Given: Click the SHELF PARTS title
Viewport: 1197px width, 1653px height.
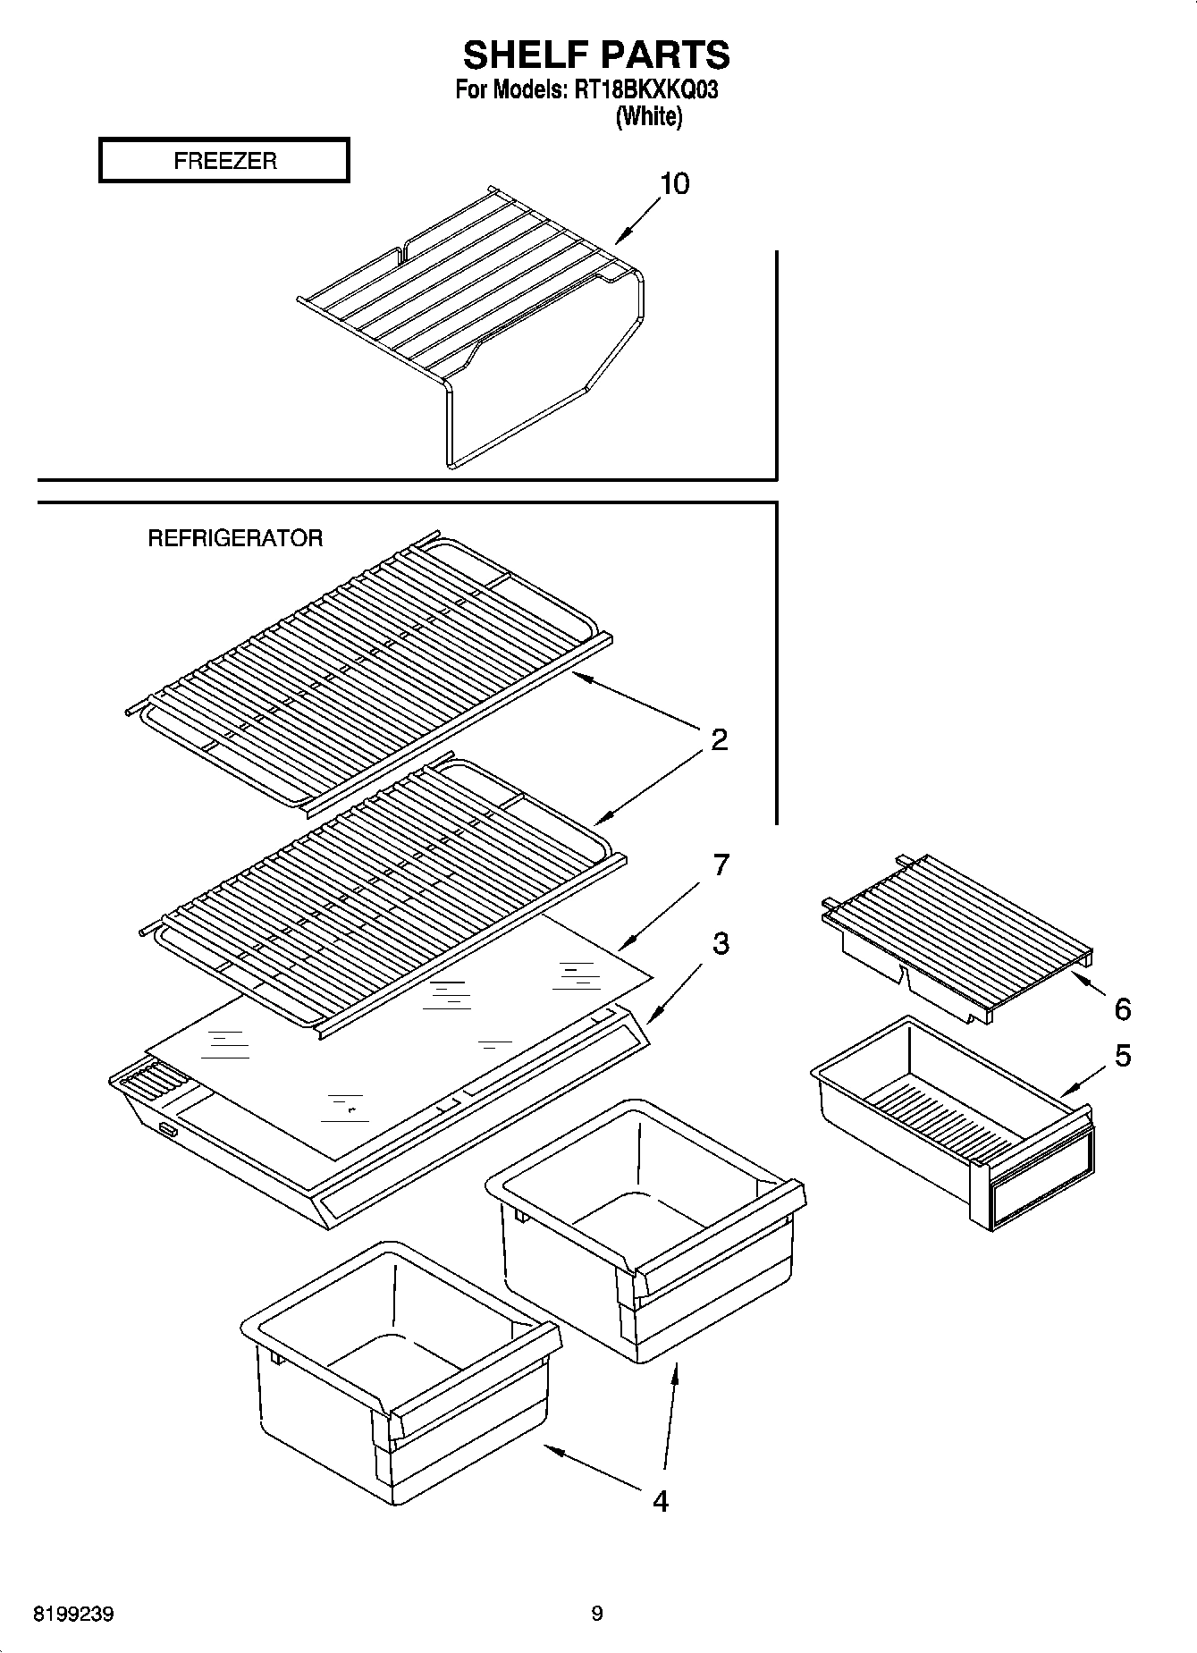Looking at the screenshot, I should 596,55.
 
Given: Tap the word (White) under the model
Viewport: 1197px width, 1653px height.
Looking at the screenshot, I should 648,116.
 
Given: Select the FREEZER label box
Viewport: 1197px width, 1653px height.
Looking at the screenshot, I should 223,161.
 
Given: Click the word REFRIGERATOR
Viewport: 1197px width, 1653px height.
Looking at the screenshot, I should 235,538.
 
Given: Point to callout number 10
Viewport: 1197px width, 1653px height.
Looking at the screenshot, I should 674,184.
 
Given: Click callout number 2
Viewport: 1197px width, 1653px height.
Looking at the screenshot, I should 719,739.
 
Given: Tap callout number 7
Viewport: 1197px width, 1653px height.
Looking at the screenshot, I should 720,864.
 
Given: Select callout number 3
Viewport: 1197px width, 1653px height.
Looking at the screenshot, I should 720,943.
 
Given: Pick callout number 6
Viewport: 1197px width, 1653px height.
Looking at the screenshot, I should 1122,1009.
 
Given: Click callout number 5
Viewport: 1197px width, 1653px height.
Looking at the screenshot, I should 1122,1056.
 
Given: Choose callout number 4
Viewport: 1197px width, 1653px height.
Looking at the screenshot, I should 660,1501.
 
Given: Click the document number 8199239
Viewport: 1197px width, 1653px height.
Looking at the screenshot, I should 73,1615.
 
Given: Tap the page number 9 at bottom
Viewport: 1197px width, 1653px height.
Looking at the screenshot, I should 597,1614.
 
